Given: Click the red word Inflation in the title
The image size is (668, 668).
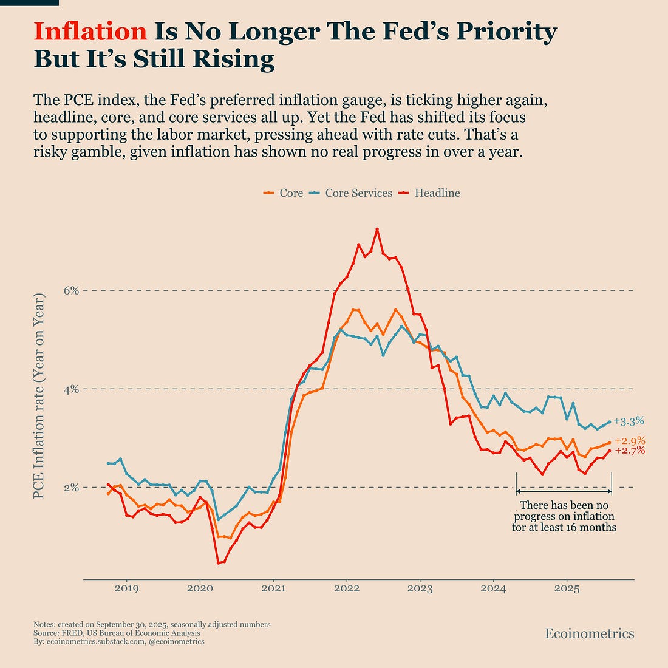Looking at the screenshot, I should [90, 32].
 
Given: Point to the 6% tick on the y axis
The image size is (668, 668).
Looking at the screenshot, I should [72, 290].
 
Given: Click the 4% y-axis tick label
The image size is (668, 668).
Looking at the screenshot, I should [72, 389].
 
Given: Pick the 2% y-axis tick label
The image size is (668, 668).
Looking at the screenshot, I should [72, 487].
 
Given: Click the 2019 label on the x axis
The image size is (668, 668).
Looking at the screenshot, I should [126, 588].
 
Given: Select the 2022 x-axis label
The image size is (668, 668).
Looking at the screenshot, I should [347, 588].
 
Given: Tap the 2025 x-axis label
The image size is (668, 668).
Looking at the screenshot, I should [567, 588].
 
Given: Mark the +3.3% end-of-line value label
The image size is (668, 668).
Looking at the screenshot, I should [629, 421].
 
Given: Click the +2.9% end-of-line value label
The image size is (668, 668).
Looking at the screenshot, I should [629, 441].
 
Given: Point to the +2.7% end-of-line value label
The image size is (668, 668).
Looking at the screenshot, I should [629, 451].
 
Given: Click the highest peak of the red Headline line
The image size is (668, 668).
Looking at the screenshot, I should [377, 229].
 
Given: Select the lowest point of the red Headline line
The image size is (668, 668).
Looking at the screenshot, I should [218, 563].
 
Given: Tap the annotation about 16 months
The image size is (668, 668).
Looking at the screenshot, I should [564, 516].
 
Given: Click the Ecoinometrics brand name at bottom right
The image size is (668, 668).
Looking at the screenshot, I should [589, 634].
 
